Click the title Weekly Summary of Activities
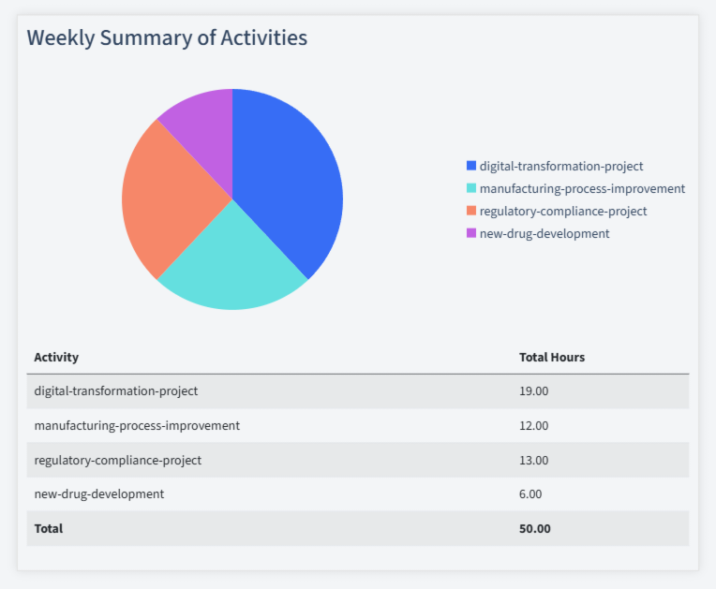pos(167,38)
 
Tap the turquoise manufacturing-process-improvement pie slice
pos(230,267)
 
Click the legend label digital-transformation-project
pos(560,166)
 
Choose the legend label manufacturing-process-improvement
pos(582,188)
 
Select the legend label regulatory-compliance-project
pos(562,211)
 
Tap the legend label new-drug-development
pos(544,233)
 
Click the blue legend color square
pos(471,166)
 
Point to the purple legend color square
pos(471,233)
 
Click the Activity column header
pos(56,357)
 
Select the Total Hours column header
pos(552,357)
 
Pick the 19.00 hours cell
pos(533,390)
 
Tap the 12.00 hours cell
pos(533,425)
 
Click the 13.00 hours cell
pos(533,460)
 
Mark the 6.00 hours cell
pos(530,493)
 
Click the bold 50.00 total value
pos(534,528)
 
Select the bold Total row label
pos(49,528)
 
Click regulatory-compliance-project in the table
pos(117,460)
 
